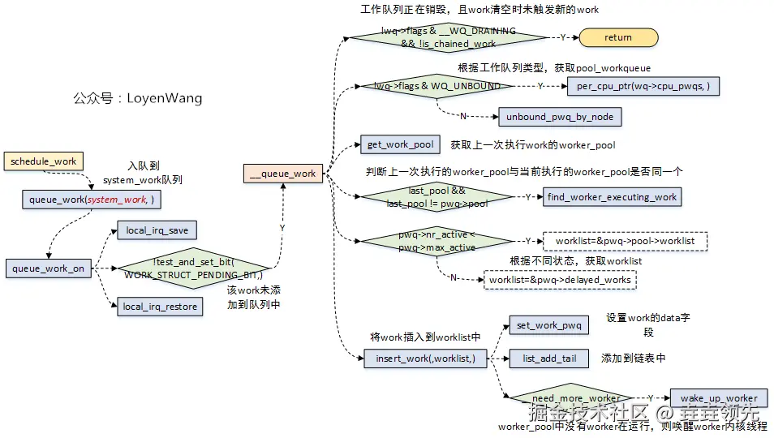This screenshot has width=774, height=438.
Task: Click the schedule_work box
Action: point(44,161)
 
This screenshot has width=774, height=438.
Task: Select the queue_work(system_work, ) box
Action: point(92,199)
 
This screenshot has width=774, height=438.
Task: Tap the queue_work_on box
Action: point(49,268)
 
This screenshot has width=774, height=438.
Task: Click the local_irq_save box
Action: point(157,231)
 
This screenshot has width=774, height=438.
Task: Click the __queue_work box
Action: point(283,173)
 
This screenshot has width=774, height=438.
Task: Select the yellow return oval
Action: point(617,37)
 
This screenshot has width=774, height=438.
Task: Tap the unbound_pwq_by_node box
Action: point(560,117)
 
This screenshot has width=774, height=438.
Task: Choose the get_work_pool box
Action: point(400,145)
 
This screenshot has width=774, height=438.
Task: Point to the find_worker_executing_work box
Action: point(612,196)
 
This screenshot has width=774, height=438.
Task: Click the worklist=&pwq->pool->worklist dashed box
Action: point(625,241)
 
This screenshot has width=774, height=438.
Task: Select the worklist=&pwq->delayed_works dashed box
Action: point(560,279)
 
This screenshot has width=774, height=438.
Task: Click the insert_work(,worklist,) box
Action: point(419,358)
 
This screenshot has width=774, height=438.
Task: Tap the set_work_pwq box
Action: point(548,326)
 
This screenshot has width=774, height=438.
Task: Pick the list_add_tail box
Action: point(548,358)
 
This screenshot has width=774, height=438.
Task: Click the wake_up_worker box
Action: point(718,398)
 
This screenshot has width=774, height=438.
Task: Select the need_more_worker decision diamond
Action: point(575,398)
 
